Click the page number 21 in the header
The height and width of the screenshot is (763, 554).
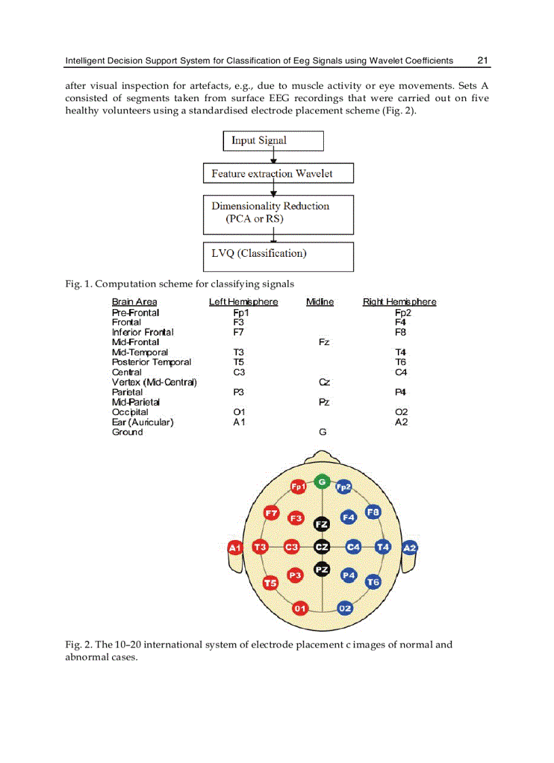483,60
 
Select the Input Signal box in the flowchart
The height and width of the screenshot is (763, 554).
273,141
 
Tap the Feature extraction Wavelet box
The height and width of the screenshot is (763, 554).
278,173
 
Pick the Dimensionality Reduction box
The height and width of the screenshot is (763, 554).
278,214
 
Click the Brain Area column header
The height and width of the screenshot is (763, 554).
134,302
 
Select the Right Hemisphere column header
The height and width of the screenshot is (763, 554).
399,302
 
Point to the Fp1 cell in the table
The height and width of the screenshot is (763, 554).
241,313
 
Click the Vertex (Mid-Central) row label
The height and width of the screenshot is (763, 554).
154,382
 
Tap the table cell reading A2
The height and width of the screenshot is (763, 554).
401,422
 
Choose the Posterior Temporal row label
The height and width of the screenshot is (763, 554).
151,362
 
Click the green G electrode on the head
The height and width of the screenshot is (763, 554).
322,482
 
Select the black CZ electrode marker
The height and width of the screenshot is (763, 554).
322,547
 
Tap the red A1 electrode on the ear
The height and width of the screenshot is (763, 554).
235,548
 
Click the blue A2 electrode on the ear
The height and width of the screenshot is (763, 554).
409,548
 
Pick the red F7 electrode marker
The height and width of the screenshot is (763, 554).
272,513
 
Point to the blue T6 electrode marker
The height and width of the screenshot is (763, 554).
373,582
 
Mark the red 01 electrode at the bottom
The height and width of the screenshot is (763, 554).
299,608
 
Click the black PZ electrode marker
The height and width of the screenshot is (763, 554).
322,569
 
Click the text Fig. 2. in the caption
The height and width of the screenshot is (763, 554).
78,645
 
